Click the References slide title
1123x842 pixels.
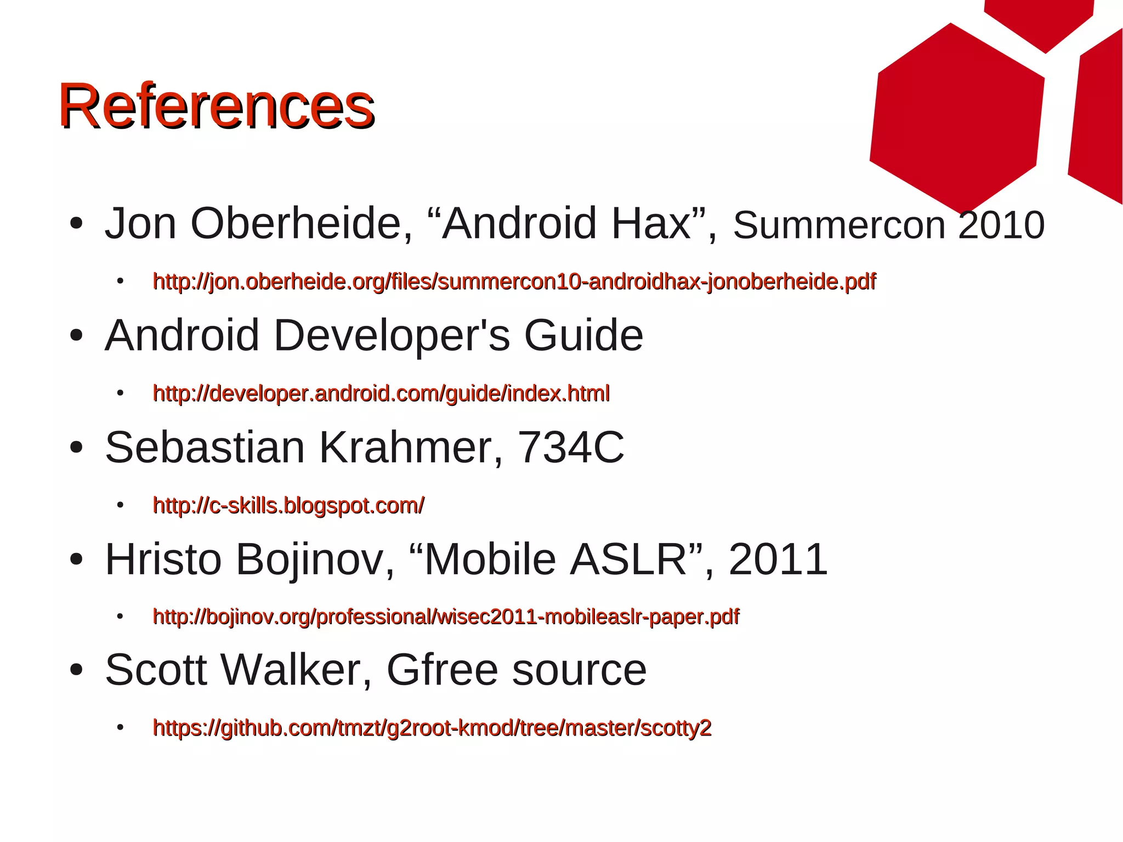click(x=217, y=105)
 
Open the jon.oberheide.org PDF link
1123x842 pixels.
click(x=514, y=281)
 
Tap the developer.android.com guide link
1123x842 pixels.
click(x=381, y=393)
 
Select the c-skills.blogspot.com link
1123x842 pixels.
click(x=288, y=505)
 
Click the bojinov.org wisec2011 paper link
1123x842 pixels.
click(x=446, y=617)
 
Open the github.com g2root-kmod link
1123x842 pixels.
click(x=432, y=728)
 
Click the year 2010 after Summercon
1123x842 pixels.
click(x=1001, y=225)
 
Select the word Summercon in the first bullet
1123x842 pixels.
click(x=839, y=225)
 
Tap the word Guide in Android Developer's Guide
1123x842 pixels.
click(x=583, y=336)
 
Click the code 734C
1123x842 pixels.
click(x=571, y=447)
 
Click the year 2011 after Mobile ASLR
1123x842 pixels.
click(x=778, y=560)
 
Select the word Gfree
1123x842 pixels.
click(x=442, y=670)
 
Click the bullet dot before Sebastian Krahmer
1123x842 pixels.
click(x=76, y=447)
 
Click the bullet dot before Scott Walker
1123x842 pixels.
click(x=76, y=670)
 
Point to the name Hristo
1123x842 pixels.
click(x=163, y=560)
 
